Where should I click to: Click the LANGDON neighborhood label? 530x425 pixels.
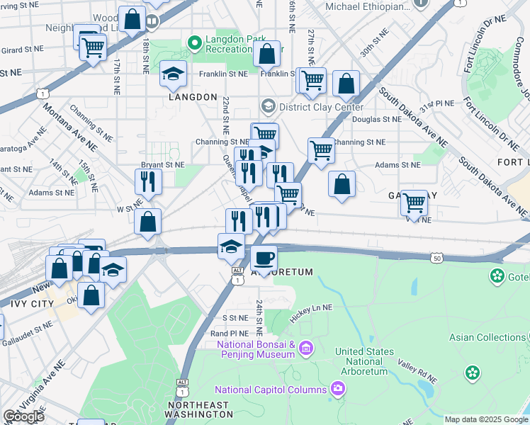[193, 96]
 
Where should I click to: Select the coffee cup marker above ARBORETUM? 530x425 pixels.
[264, 258]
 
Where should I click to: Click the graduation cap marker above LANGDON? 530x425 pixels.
[173, 74]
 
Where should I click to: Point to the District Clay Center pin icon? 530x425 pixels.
[268, 107]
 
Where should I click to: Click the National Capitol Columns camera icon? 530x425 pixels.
[339, 389]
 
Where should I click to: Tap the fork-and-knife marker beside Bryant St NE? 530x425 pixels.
[149, 181]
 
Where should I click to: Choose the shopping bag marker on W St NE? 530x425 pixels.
[147, 222]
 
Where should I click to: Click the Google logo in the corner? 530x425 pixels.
[23, 416]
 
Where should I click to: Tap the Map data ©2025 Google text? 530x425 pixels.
[486, 419]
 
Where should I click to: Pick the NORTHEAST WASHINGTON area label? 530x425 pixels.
[198, 410]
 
